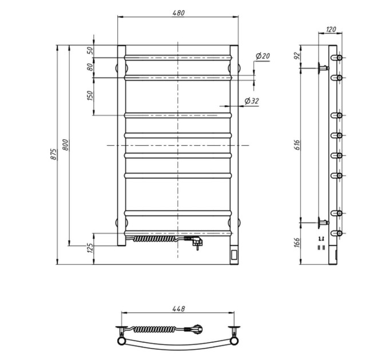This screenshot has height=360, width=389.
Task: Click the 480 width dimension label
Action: click(178, 13)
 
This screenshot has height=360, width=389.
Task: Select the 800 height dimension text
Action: click(65, 145)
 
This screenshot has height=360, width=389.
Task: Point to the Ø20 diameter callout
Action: click(262, 56)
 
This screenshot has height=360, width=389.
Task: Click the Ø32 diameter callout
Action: click(252, 101)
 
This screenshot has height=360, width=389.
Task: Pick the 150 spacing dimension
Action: click(90, 95)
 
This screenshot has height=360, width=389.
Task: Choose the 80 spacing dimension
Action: click(90, 67)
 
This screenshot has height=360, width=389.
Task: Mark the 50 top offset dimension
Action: click(90, 50)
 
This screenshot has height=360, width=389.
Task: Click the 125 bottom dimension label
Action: click(90, 248)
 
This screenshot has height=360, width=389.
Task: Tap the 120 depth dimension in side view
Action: click(331, 30)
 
